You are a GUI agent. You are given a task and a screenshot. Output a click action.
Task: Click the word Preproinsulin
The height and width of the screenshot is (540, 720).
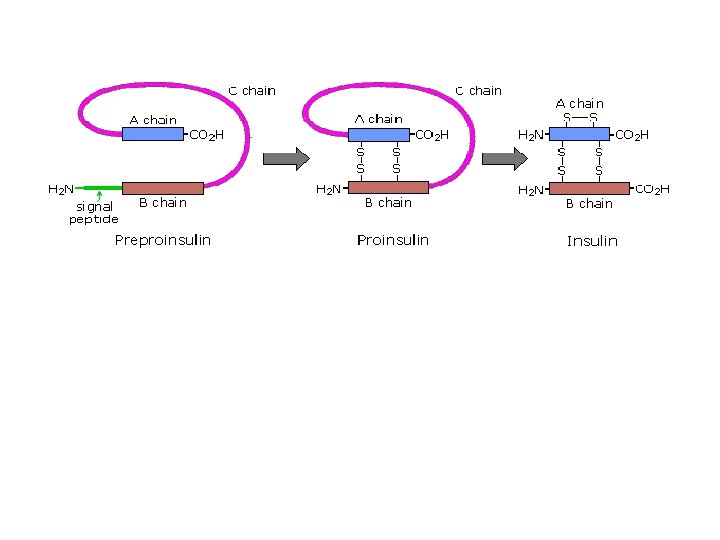click(x=162, y=240)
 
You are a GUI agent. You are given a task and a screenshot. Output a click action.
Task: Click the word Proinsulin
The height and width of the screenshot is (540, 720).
click(x=393, y=240)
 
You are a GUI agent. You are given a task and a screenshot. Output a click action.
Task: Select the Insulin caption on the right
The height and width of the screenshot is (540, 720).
click(x=592, y=241)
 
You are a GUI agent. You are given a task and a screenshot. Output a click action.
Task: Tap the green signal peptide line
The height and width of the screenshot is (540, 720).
click(x=98, y=187)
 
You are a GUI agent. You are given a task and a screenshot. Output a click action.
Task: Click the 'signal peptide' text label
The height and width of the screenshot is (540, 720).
click(x=94, y=213)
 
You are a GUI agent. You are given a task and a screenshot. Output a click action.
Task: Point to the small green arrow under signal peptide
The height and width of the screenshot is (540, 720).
click(x=100, y=196)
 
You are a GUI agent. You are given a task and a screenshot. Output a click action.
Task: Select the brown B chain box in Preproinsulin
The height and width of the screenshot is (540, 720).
click(x=162, y=187)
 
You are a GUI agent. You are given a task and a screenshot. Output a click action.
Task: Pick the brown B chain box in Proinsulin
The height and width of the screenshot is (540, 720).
click(x=388, y=187)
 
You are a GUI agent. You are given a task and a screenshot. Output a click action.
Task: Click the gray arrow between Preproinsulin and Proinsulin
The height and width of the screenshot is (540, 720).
click(x=280, y=159)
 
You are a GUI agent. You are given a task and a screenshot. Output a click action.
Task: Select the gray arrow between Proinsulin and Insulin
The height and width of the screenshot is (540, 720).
click(x=504, y=159)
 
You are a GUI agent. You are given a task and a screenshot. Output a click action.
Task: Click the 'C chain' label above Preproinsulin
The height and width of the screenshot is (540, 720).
click(x=252, y=91)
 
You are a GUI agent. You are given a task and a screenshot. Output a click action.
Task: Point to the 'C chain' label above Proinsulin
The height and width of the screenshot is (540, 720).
click(x=478, y=91)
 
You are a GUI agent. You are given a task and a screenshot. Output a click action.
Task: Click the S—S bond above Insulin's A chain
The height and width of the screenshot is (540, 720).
click(x=580, y=118)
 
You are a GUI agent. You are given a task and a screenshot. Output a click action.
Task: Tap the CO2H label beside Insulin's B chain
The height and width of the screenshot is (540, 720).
click(x=652, y=187)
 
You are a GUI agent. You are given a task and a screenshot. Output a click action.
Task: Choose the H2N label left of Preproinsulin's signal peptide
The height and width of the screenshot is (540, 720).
click(x=61, y=187)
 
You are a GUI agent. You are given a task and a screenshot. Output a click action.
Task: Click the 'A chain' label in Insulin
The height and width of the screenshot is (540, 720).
click(x=580, y=103)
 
